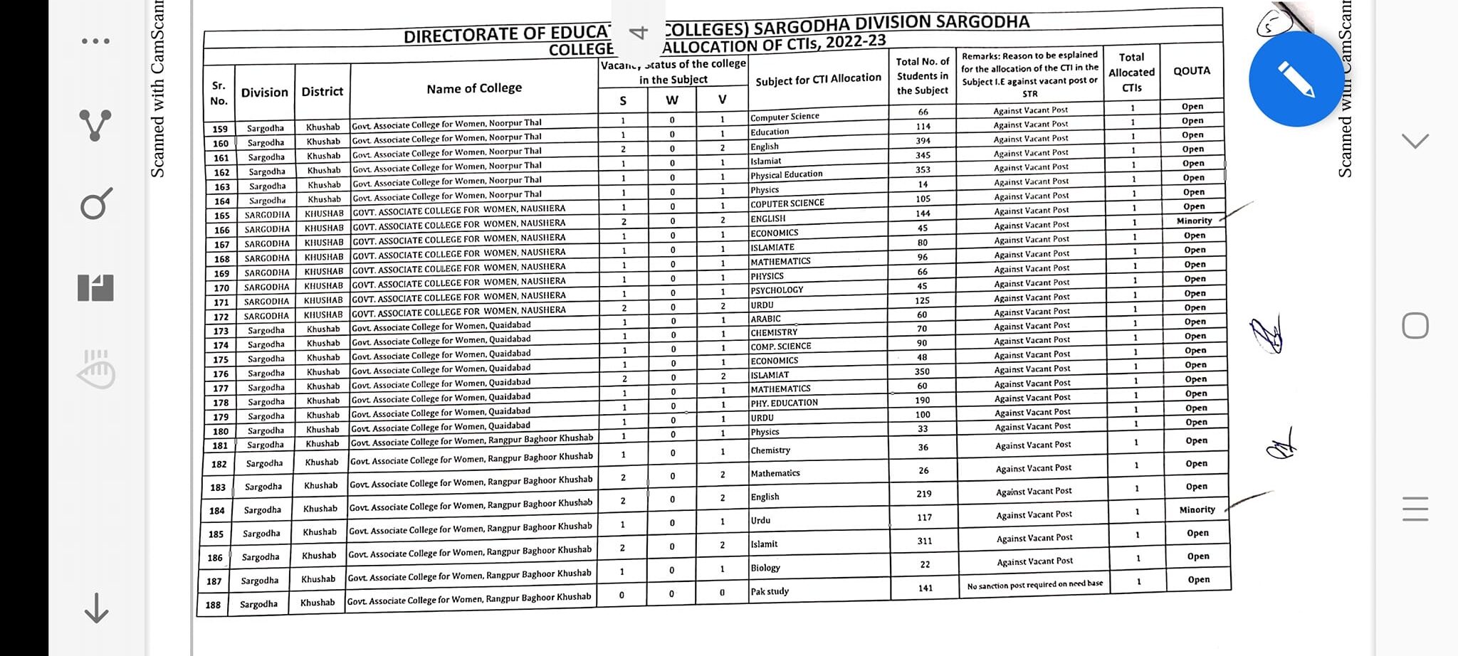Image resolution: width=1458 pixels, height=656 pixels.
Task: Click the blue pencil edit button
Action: [x=1296, y=79]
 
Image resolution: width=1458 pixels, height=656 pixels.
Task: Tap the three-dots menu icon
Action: [x=95, y=41]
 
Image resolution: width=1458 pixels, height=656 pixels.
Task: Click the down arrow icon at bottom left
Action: [x=96, y=608]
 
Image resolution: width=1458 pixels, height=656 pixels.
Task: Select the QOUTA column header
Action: [x=1192, y=70]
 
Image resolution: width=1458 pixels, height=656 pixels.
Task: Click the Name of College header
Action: [x=474, y=88]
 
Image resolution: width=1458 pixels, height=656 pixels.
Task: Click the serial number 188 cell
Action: [x=213, y=605]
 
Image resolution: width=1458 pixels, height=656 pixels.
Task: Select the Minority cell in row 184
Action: [x=1197, y=509]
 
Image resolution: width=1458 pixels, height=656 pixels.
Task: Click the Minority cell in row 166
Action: [x=1194, y=221]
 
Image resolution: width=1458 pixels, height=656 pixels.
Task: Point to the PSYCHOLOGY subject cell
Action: [x=777, y=290]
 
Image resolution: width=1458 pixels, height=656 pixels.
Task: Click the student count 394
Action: [x=923, y=141]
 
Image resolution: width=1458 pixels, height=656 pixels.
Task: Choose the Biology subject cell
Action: [x=765, y=568]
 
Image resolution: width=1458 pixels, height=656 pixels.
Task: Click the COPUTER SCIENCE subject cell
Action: [x=787, y=203]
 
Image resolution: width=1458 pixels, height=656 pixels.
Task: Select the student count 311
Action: [x=924, y=541]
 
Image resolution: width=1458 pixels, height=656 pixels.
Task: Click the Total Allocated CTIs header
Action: [x=1131, y=72]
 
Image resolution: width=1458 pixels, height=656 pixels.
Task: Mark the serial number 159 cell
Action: [x=220, y=129]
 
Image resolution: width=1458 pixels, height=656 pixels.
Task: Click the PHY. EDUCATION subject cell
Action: [x=784, y=403]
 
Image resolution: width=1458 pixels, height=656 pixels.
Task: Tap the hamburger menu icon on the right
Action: [x=1415, y=509]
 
